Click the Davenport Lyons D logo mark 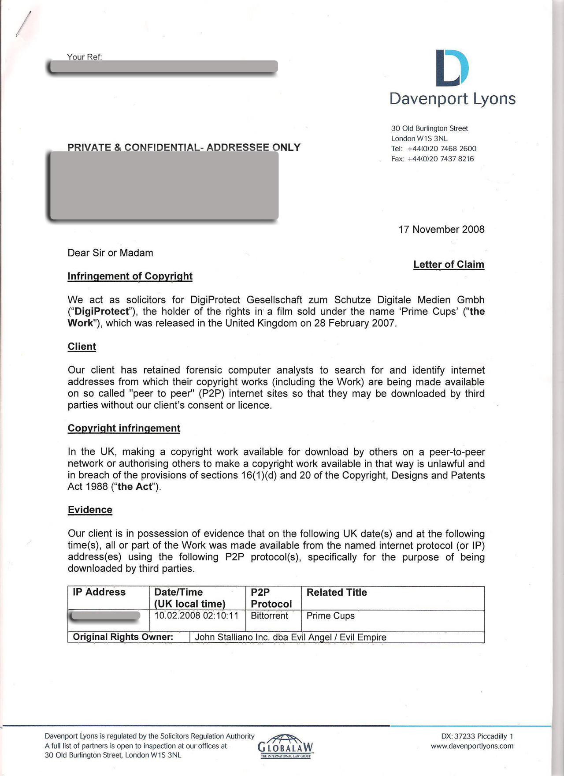[452, 67]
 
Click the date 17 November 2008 [441, 229]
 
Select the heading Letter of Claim [449, 265]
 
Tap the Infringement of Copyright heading [130, 276]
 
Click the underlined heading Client [82, 347]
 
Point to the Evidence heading [90, 510]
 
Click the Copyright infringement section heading [124, 428]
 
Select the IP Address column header [99, 592]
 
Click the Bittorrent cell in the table [269, 616]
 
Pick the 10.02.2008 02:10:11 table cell [196, 616]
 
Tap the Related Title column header [337, 592]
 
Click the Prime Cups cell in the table [330, 616]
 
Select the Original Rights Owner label [123, 637]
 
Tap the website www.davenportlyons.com [472, 746]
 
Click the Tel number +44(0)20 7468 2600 [434, 149]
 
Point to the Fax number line [432, 159]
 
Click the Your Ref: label [84, 56]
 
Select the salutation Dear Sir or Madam [110, 253]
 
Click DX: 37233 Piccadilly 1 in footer [477, 736]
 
